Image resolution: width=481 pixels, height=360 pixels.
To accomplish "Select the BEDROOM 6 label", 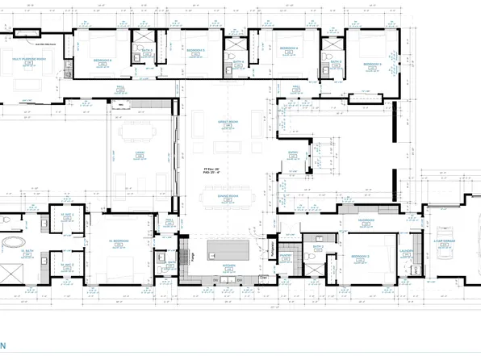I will [x=102, y=60].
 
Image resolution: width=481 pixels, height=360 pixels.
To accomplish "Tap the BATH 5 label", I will [x=148, y=50].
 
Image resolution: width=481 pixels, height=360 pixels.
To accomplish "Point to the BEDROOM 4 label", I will [x=288, y=49].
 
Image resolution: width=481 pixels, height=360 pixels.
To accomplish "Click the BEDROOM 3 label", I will [x=373, y=61].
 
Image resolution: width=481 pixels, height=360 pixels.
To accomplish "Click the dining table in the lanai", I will [x=136, y=132].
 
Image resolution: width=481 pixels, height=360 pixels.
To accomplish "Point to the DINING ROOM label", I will [x=228, y=196].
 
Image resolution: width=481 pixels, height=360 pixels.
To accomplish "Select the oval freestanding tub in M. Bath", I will [x=14, y=243].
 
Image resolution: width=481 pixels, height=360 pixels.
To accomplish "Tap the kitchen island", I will [x=228, y=249].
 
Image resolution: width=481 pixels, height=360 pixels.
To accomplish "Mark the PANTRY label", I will [x=284, y=256].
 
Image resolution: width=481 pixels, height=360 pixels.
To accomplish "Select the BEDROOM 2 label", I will [x=360, y=256].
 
